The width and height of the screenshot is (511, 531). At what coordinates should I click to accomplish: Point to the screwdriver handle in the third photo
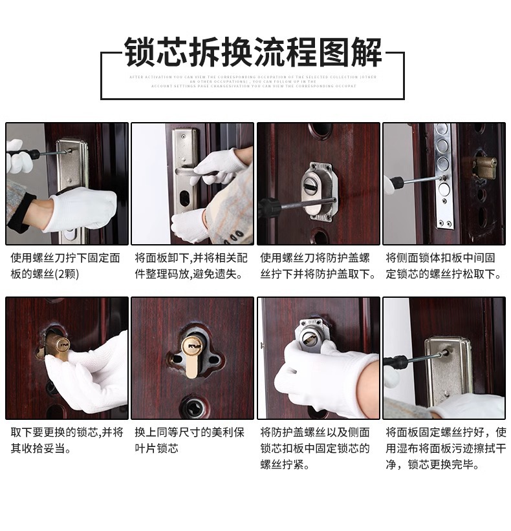[269, 209]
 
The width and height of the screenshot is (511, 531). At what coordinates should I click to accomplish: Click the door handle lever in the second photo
[193, 173]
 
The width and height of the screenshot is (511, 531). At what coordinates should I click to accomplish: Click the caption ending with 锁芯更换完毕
[444, 448]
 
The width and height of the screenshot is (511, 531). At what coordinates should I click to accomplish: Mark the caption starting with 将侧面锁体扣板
[444, 265]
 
